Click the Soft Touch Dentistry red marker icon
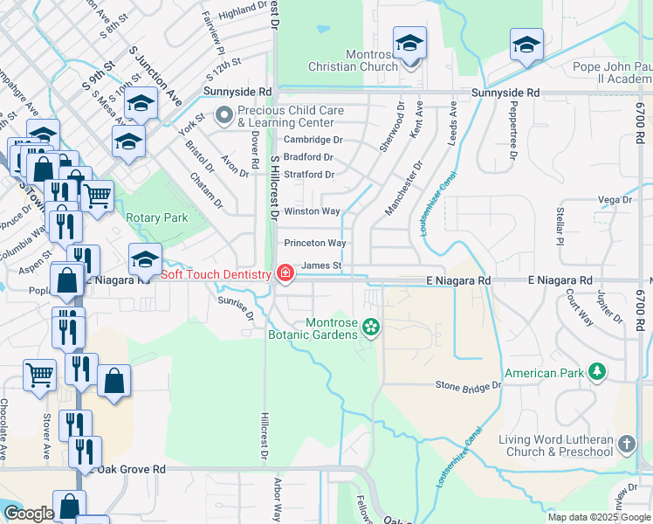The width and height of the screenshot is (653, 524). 285,274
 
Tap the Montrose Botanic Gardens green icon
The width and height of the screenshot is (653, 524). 371,327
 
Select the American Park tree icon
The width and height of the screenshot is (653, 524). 597,373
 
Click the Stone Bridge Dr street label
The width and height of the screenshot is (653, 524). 469,384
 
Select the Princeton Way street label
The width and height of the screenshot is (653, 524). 313,243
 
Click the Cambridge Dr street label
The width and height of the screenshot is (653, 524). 312,140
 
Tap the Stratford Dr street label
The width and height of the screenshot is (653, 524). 308,175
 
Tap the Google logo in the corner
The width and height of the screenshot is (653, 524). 29,514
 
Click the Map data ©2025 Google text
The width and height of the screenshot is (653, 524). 599,517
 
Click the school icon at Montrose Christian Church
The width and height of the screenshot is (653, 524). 409,45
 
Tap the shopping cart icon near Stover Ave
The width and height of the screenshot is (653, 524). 39,376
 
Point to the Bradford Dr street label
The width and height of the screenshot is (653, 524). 308,157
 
